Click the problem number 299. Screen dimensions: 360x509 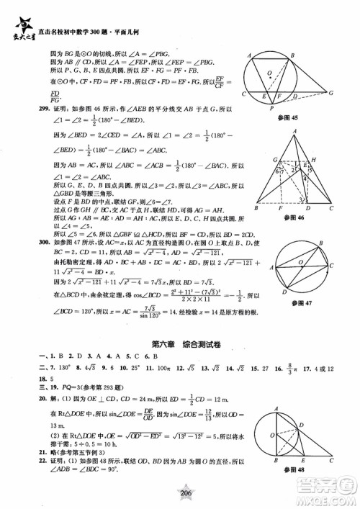[29, 104]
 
